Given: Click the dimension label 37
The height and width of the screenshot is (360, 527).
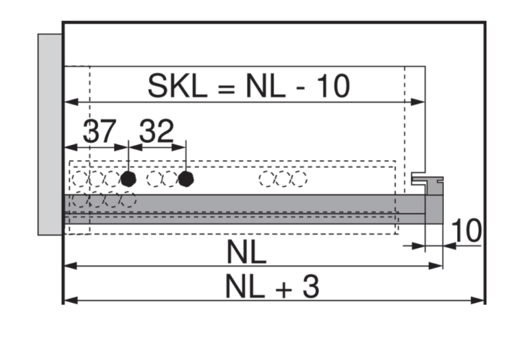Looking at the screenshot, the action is pyautogui.click(x=99, y=131).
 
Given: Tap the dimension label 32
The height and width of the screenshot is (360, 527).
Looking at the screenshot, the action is pyautogui.click(x=156, y=131).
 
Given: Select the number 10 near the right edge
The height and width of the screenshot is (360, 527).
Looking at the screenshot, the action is pyautogui.click(x=466, y=231).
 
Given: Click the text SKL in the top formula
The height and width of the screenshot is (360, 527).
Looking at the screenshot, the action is pyautogui.click(x=177, y=86).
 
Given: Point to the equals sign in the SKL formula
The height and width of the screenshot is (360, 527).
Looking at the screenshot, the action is pyautogui.click(x=226, y=88).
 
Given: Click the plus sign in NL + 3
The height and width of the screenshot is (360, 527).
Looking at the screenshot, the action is pyautogui.click(x=284, y=289).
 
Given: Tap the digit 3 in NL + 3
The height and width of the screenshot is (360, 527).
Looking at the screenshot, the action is pyautogui.click(x=310, y=286).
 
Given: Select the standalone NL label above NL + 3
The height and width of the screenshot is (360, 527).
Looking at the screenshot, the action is pyautogui.click(x=246, y=251).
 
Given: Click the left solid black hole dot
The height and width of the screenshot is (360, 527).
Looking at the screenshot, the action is pyautogui.click(x=128, y=179).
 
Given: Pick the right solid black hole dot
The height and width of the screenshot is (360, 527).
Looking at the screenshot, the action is pyautogui.click(x=186, y=179).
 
